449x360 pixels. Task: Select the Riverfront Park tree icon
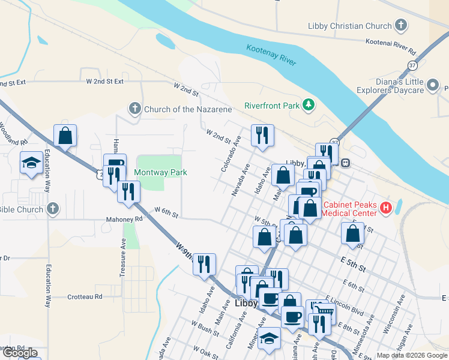[309, 106]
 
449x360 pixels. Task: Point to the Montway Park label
[160, 172]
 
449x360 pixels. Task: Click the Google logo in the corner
[20, 353]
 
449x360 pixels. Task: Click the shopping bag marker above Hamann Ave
[65, 136]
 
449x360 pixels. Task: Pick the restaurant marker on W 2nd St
[262, 136]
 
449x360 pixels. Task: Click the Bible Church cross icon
[53, 209]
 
